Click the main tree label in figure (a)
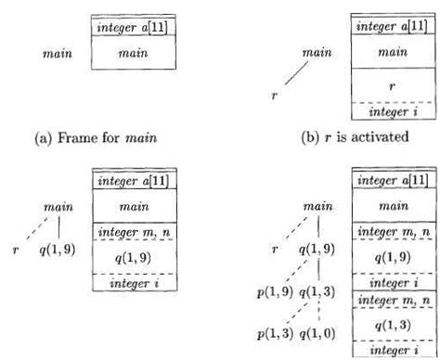(x=58, y=53)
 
